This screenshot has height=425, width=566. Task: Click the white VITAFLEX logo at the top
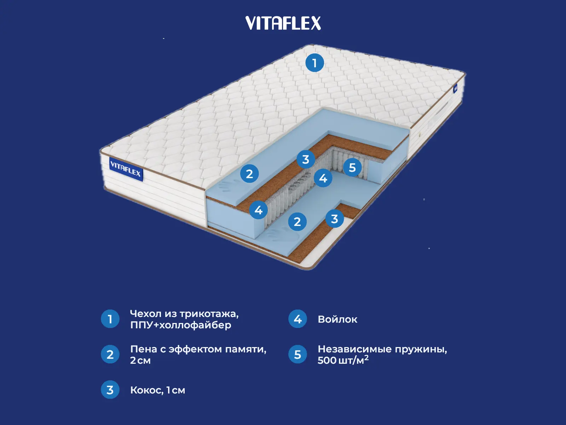pos(283,23)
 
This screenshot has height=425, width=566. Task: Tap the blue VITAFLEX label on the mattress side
pos(126,169)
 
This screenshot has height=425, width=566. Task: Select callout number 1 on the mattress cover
pos(314,63)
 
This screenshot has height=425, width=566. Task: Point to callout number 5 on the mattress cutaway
pos(352,167)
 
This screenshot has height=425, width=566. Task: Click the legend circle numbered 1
pos(110,319)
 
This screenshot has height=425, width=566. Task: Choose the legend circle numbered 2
pos(110,354)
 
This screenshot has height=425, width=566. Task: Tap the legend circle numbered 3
pos(110,390)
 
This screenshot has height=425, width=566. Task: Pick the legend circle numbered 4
pos(298,319)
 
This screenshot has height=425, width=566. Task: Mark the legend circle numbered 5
pos(298,354)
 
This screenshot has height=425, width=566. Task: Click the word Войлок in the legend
pos(337,319)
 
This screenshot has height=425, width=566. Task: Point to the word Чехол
pos(145,314)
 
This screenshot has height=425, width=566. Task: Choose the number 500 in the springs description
pos(327,361)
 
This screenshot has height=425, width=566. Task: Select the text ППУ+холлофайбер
pos(180,325)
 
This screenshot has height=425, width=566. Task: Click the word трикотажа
pos(209,314)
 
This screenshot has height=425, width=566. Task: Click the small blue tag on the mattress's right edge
pos(456,88)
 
